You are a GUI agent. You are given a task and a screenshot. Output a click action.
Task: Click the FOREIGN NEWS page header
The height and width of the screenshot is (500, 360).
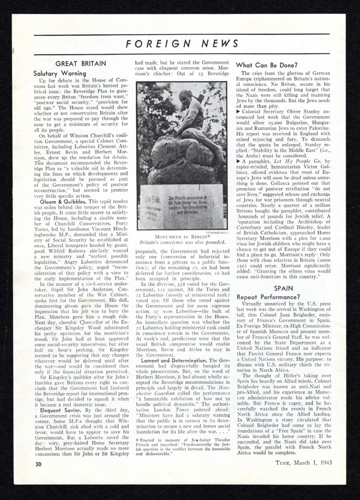[182, 43]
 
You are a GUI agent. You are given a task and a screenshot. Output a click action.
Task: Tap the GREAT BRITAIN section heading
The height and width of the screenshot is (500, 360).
[80, 63]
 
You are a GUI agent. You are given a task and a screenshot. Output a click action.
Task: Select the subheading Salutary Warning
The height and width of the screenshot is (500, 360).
[59, 73]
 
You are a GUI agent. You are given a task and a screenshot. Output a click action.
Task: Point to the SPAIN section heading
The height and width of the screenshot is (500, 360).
[283, 288]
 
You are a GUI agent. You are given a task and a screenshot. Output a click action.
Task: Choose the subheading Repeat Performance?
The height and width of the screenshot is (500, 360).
[268, 297]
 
